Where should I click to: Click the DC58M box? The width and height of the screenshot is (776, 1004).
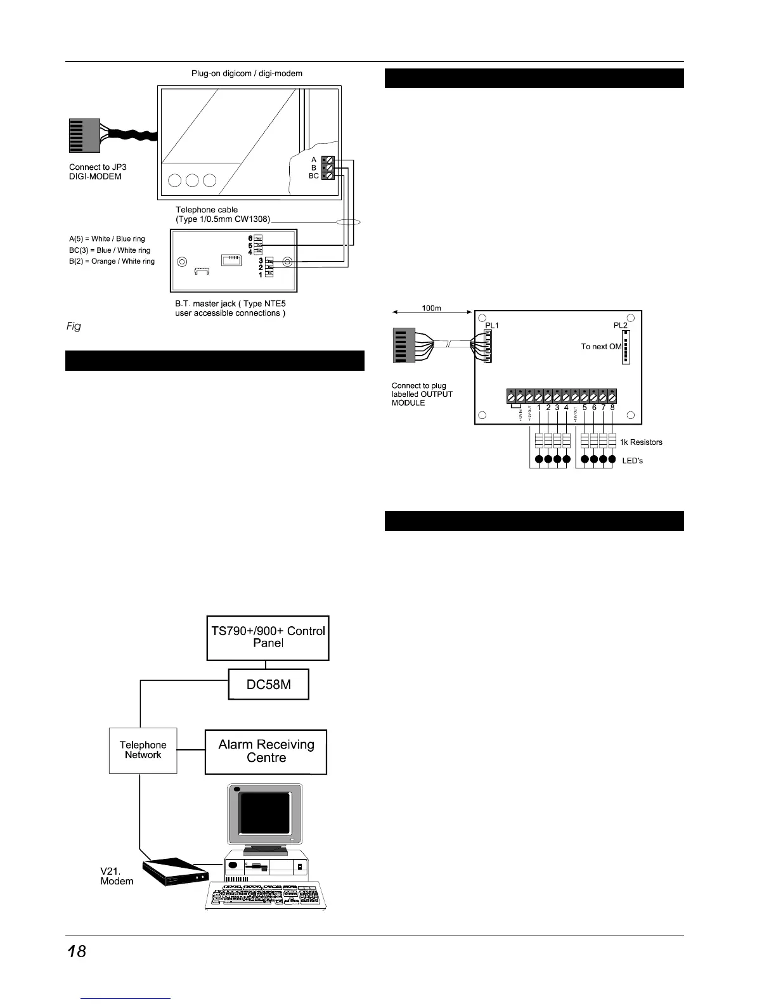pos(268,685)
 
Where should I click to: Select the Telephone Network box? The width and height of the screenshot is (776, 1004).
pos(143,750)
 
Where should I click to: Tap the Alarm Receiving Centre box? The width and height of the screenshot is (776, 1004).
pos(266,752)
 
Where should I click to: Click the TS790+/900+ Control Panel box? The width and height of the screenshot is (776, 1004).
pos(268,637)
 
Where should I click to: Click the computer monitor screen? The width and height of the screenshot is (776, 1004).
pos(265,813)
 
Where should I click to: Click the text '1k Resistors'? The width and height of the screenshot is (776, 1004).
pos(641,442)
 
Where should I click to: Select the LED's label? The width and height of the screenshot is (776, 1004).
pos(631,461)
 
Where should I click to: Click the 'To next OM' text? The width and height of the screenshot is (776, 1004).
pos(601,347)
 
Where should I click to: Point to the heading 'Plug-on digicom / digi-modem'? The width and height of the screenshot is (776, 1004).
pos(247,74)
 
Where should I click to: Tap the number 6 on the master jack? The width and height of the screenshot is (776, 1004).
pos(251,238)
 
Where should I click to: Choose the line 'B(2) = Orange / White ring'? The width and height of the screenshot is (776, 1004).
pos(112,261)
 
